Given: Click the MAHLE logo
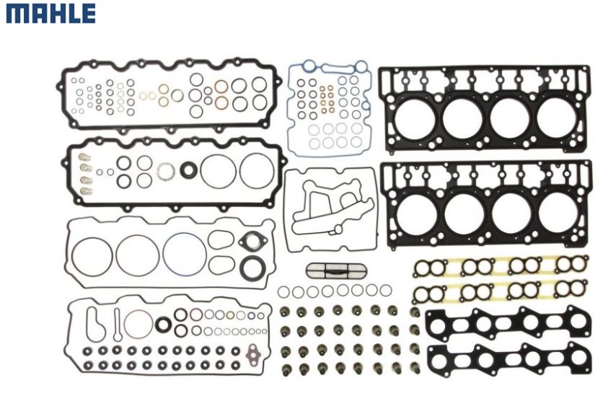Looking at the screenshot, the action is [x=50, y=14].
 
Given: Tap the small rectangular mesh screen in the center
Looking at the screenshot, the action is [x=336, y=270].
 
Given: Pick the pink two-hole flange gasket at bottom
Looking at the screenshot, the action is [x=253, y=352].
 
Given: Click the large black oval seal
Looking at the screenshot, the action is [x=253, y=268].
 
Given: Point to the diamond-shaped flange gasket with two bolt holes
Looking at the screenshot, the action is [x=252, y=241].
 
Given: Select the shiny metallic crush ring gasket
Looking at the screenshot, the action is [x=166, y=172].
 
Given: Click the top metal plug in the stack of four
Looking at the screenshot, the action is [x=85, y=157].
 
